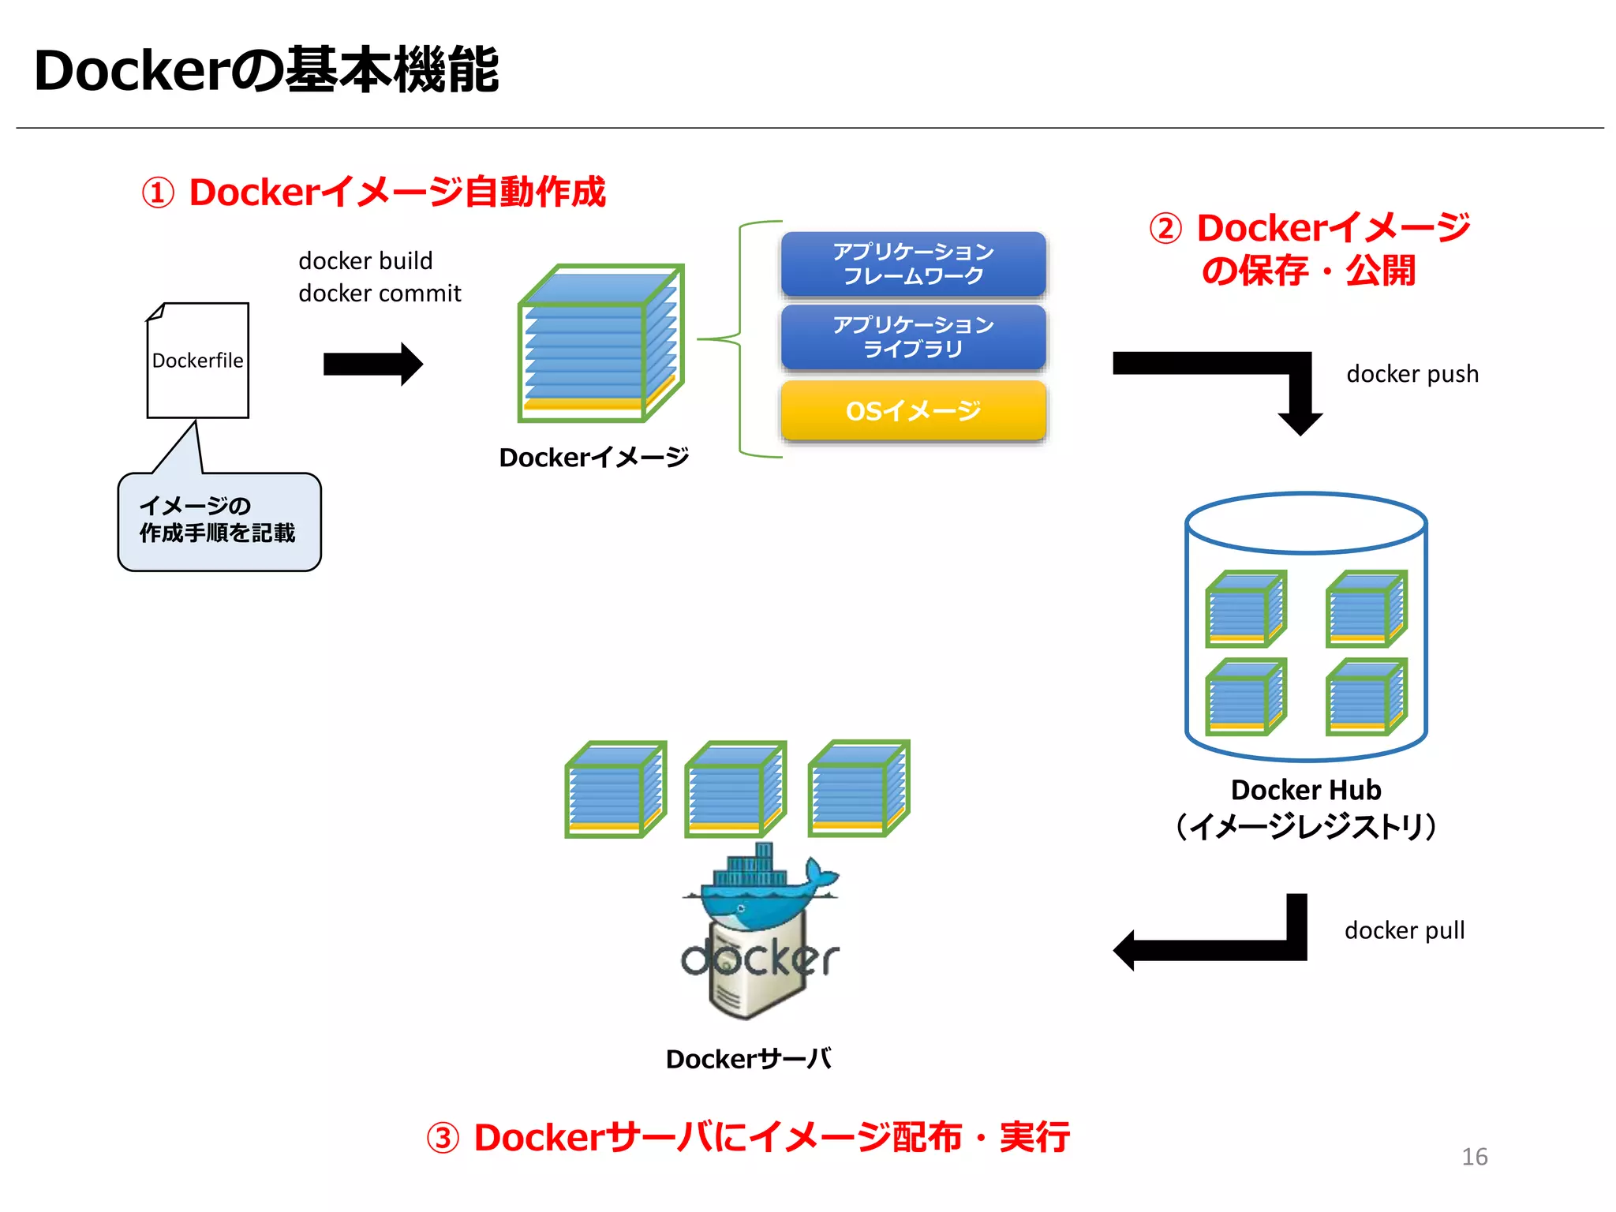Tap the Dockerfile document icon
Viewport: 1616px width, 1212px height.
197,361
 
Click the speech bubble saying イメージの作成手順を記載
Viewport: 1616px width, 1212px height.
219,521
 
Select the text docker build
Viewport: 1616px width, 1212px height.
365,260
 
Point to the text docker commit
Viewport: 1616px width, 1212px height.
380,294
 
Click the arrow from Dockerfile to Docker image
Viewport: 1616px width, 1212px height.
372,364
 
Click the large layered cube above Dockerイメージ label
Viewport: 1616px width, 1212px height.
600,344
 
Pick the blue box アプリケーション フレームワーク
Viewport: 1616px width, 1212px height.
913,264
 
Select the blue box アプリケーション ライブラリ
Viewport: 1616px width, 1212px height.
913,337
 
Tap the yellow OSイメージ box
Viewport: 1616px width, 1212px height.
913,410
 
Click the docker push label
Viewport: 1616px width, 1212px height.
1412,374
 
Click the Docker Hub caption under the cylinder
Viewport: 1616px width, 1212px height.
1306,790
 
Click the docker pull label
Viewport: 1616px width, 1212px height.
1404,930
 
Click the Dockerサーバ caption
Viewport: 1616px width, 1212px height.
748,1059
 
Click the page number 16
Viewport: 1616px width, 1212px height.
1474,1157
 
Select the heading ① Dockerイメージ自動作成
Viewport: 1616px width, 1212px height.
373,193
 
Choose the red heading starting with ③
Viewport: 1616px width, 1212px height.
747,1138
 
